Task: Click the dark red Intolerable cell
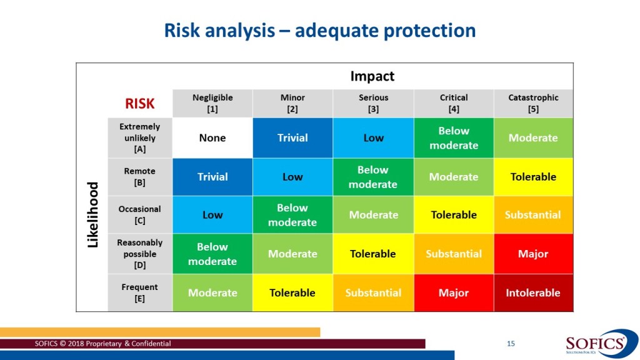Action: click(534, 292)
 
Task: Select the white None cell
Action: click(212, 138)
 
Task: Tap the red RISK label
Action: click(139, 104)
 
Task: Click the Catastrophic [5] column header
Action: click(534, 103)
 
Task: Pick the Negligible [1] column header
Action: click(212, 103)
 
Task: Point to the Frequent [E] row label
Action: click(139, 292)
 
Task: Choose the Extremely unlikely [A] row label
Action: click(139, 138)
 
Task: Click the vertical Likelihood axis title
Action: click(93, 215)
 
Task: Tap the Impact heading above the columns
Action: click(372, 76)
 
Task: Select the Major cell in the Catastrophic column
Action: click(534, 254)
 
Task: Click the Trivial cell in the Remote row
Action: click(212, 177)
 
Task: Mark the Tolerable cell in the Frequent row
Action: click(292, 292)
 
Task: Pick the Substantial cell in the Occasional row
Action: click(534, 215)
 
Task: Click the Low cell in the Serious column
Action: click(374, 138)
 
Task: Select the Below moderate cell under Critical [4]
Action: click(454, 138)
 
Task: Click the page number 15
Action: click(511, 344)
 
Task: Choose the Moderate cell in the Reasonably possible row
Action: click(292, 254)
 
